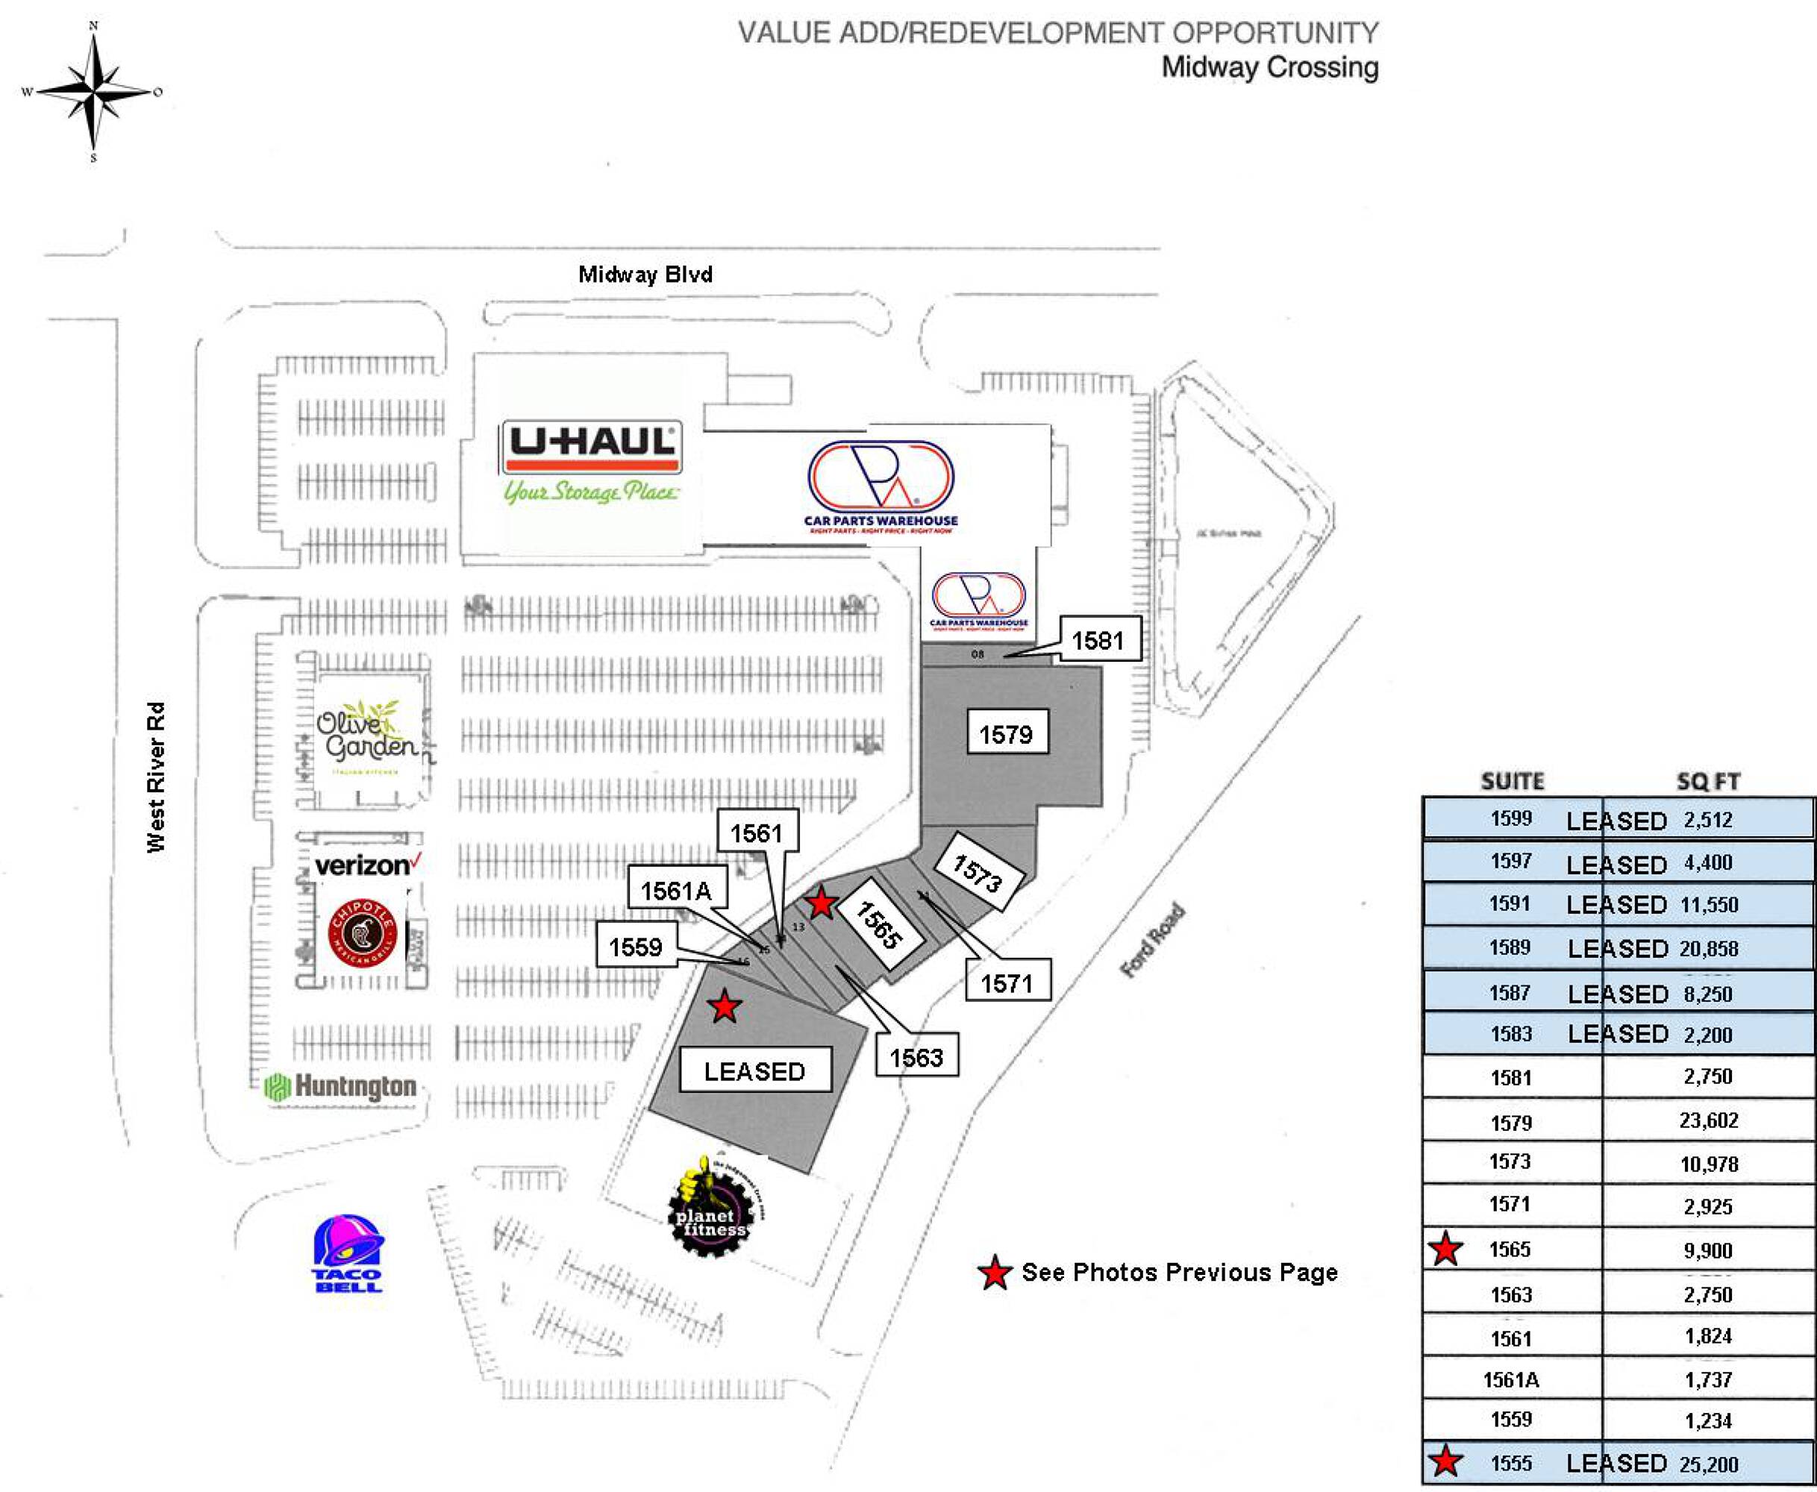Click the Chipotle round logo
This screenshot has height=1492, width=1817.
click(x=363, y=934)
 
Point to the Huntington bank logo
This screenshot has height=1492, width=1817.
click(x=342, y=1086)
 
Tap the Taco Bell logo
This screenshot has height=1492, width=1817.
click(x=348, y=1253)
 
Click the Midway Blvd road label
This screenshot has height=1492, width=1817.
click(x=645, y=275)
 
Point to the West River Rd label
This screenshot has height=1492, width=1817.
click(x=155, y=778)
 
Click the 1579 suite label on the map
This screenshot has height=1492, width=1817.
click(x=1007, y=734)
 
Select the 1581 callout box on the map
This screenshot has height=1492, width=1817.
click(x=1098, y=639)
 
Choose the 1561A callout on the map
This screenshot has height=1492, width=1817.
click(x=677, y=891)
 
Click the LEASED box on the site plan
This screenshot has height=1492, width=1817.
click(x=754, y=1071)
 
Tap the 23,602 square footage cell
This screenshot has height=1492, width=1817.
click(x=1708, y=1120)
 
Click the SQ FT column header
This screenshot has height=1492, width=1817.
click(x=1708, y=781)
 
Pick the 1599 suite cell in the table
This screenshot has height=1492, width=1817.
click(x=1511, y=818)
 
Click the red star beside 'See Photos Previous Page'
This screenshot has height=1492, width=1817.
click(x=995, y=1273)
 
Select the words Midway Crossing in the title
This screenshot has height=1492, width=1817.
click(x=1269, y=67)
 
